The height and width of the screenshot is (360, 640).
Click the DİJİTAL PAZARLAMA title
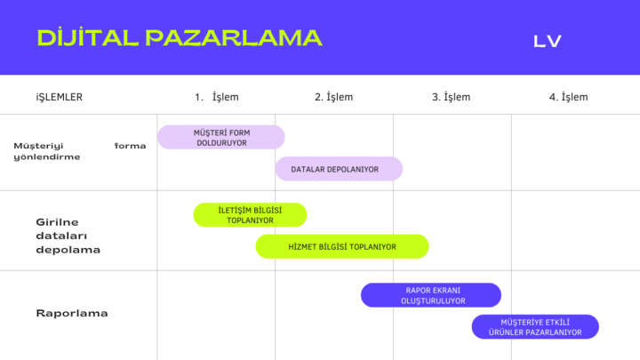[x=180, y=38]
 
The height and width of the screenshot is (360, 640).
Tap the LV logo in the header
[x=548, y=41]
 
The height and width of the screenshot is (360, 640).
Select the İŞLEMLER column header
[x=60, y=97]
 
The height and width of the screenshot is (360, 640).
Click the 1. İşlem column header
[x=217, y=97]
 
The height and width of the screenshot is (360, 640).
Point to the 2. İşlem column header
[x=334, y=97]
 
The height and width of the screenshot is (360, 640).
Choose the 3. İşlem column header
[x=452, y=97]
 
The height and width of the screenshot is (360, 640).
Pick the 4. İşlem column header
[x=569, y=97]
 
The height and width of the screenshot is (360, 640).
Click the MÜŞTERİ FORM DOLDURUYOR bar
[x=220, y=137]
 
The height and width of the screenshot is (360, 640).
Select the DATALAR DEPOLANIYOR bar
[x=339, y=169]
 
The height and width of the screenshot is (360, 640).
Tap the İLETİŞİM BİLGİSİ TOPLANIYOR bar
[x=250, y=215]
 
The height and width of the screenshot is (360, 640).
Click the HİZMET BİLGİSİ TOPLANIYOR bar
[x=342, y=246]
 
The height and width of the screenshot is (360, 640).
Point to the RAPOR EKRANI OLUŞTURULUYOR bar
[x=431, y=295]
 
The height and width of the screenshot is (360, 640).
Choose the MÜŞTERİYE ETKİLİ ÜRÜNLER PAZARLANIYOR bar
[x=535, y=327]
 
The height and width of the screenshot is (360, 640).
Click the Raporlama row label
[x=72, y=314]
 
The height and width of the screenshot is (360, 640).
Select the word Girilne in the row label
[x=57, y=222]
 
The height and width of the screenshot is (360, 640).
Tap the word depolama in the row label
[x=68, y=250]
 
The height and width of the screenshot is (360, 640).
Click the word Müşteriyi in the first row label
[x=38, y=146]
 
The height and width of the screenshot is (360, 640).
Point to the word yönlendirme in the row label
[x=47, y=157]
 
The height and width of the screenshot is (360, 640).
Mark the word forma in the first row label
[x=130, y=146]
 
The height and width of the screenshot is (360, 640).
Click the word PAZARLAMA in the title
[x=234, y=38]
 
